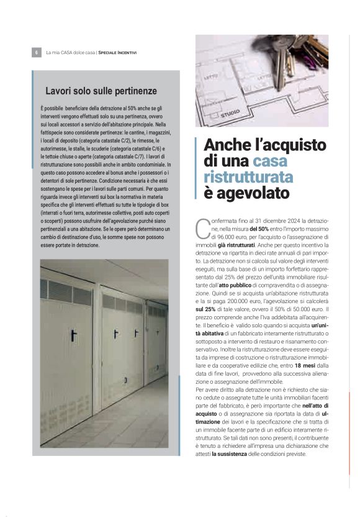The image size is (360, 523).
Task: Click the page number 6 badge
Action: pos(37,52)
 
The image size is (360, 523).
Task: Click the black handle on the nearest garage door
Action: pos(73,335)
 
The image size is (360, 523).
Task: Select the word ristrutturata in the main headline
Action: pos(248,178)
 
